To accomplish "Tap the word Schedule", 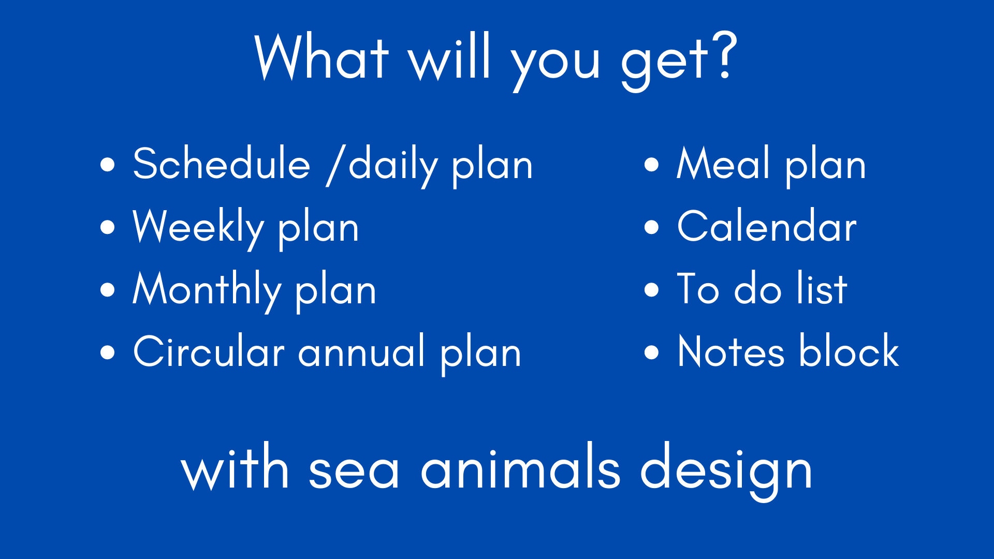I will [x=222, y=164].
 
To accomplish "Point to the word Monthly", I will [x=207, y=290].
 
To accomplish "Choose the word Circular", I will [x=209, y=352].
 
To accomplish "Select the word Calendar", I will [x=767, y=227].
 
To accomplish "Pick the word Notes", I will [x=731, y=352].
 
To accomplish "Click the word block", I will [x=849, y=351].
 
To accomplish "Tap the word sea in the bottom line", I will [x=354, y=471].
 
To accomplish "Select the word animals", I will [x=520, y=468].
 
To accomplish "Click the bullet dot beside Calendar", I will [x=651, y=228].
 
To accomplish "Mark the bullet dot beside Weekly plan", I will [x=107, y=228].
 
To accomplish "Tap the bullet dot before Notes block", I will [x=651, y=353].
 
